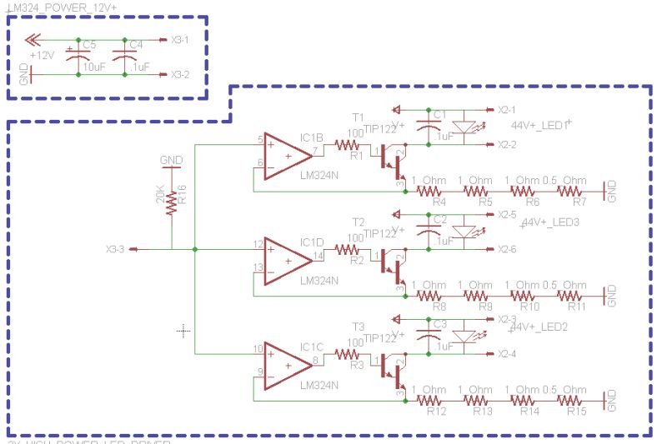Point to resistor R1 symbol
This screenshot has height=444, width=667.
coord(347,145)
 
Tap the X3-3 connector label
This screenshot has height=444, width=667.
coord(115,249)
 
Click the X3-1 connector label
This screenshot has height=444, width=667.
coord(179,39)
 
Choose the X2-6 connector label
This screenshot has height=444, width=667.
coord(507,249)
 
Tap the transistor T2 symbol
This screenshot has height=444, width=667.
coord(390,260)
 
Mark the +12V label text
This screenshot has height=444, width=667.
coord(42,55)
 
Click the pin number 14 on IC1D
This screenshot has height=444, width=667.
coord(317,256)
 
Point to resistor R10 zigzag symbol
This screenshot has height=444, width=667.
coord(524,295)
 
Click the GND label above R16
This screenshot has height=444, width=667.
coord(171,160)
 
